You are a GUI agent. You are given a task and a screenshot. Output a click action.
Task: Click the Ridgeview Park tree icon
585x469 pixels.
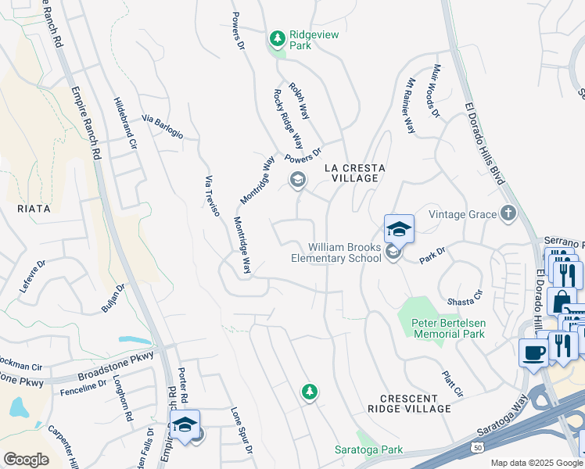coord(277,38)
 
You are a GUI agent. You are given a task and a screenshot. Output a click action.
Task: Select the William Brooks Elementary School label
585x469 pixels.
coord(336,252)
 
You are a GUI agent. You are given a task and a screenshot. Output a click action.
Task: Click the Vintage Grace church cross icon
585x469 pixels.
coord(508,213)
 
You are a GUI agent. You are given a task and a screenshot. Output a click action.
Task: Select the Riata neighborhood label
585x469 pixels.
coord(34,209)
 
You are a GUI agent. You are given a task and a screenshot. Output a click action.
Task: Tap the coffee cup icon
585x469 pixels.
coord(533,352)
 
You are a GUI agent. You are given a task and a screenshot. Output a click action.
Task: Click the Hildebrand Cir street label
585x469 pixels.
coord(125,124)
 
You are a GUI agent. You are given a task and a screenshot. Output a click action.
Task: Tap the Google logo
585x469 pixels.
coord(26,460)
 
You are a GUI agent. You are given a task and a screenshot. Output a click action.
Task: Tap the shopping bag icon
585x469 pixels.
coord(561,300)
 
